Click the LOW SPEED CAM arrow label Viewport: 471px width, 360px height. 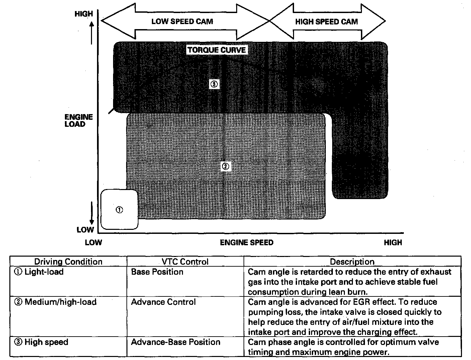point(182,22)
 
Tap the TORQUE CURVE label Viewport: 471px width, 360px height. point(217,50)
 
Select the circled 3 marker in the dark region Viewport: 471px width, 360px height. point(214,84)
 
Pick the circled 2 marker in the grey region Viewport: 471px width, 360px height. point(225,166)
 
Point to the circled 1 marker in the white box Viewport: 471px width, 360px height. point(119,210)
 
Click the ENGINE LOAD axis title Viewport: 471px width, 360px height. point(79,120)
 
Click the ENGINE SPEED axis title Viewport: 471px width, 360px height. point(247,243)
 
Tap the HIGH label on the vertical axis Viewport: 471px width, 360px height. point(84,14)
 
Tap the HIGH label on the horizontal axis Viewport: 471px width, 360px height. point(393,243)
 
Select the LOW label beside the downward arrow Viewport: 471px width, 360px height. point(85,230)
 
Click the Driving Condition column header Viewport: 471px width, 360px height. point(68,262)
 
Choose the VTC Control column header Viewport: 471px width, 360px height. point(185,262)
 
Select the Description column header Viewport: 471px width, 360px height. point(352,262)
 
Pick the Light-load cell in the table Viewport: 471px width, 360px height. point(39,272)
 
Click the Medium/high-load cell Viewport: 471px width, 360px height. point(56,302)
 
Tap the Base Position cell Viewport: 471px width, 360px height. point(157,272)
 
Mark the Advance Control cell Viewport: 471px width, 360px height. point(163,302)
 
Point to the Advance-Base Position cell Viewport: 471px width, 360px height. point(176,342)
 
